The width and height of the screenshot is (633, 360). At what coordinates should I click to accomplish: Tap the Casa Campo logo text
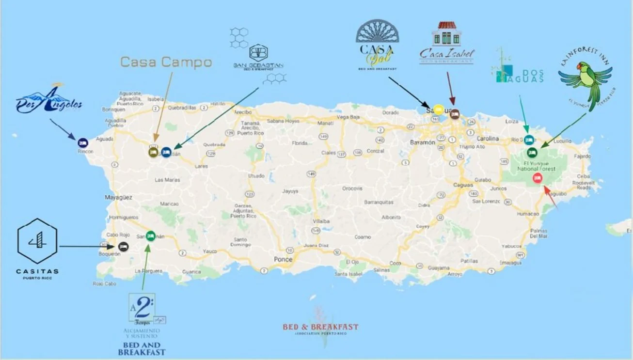pyautogui.click(x=166, y=62)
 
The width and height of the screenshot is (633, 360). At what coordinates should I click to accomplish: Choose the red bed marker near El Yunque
pyautogui.click(x=537, y=178)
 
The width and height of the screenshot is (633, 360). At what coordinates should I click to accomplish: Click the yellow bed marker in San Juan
pyautogui.click(x=438, y=109)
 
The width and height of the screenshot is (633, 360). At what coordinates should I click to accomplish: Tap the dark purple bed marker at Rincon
pyautogui.click(x=83, y=142)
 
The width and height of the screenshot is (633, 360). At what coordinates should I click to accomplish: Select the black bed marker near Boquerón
pyautogui.click(x=123, y=246)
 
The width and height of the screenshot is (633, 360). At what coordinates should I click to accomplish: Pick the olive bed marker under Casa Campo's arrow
pyautogui.click(x=153, y=152)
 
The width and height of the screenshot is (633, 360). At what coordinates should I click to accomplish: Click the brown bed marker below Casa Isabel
pyautogui.click(x=454, y=114)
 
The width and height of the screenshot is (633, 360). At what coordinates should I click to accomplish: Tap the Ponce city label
pyautogui.click(x=283, y=259)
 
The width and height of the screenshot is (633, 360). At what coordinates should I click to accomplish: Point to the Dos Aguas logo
pyautogui.click(x=519, y=73)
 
